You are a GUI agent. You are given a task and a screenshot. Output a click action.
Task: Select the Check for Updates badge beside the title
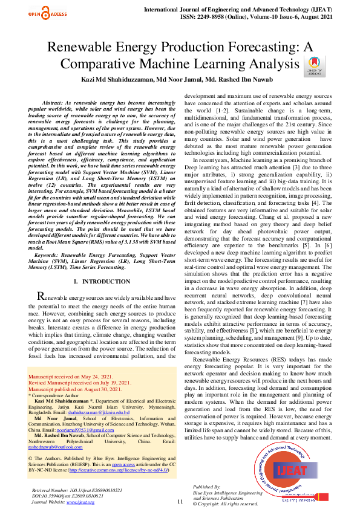315,65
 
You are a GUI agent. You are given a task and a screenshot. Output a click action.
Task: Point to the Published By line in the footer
207,486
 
